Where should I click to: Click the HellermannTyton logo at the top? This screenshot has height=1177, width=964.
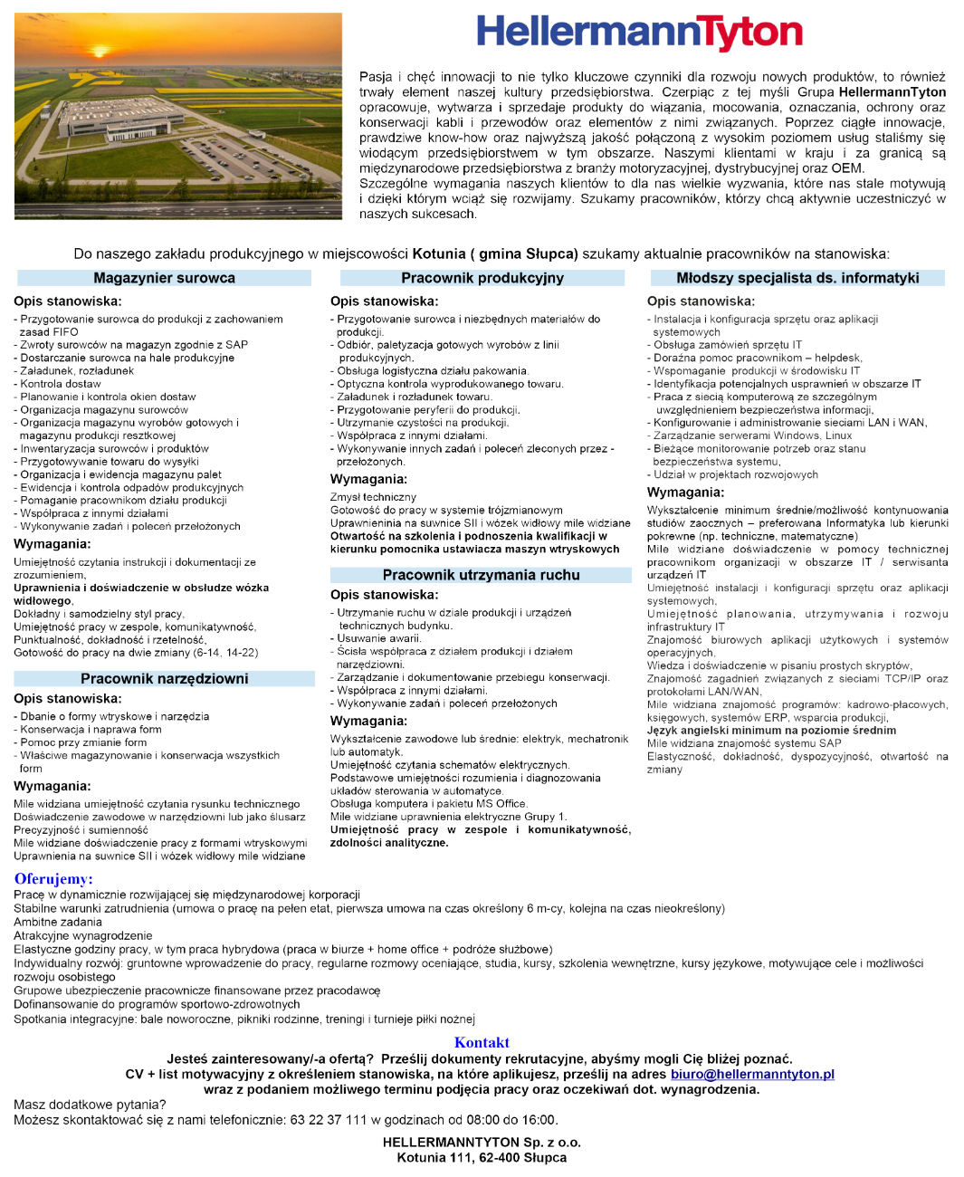coord(639,33)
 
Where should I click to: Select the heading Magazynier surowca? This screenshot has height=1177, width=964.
coord(164,278)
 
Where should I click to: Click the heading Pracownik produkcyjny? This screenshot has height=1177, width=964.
coord(482,278)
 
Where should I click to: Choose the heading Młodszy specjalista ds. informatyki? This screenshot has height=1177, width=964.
coord(797,278)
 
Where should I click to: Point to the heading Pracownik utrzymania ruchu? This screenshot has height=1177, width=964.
coord(481,575)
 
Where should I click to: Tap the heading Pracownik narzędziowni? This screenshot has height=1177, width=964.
coord(164,678)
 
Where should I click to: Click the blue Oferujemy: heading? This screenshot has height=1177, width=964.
coord(53,878)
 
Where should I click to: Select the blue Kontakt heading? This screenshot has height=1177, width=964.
coord(482,1042)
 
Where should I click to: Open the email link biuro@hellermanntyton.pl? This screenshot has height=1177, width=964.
coord(752,1074)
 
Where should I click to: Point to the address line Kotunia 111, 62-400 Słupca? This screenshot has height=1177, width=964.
coord(482,1157)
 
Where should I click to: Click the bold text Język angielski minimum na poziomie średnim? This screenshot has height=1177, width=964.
coord(771,731)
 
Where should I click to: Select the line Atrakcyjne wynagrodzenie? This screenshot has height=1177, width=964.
coord(83,935)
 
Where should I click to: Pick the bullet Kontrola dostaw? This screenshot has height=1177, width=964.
coord(61,384)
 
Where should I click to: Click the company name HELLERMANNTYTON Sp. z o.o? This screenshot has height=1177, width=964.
coord(482,1143)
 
